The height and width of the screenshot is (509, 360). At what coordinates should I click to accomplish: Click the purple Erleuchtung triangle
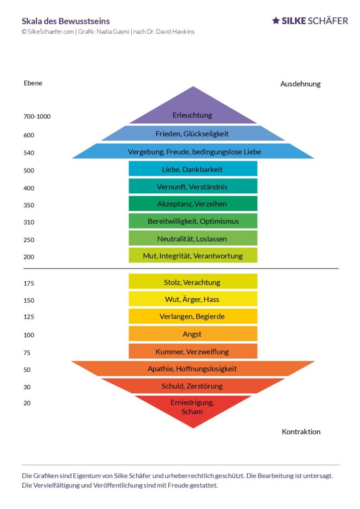click(192, 112)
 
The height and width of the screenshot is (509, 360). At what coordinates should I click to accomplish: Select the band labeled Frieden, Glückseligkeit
click(192, 134)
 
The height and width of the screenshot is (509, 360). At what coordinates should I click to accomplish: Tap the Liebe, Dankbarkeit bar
click(192, 170)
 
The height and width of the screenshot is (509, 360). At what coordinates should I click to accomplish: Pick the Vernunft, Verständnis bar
click(192, 187)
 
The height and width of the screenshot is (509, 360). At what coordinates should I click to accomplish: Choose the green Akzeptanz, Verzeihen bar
click(192, 204)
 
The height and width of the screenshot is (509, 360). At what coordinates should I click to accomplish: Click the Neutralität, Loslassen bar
click(192, 239)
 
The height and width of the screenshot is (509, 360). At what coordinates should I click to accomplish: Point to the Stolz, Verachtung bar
click(192, 282)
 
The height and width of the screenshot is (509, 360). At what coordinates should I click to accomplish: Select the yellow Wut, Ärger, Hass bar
click(192, 300)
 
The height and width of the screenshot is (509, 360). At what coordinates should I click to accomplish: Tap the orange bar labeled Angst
click(192, 334)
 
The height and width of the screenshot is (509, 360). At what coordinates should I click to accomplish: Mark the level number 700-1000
click(37, 117)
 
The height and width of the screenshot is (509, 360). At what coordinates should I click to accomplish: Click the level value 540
click(29, 153)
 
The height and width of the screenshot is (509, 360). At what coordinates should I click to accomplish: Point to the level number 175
click(29, 284)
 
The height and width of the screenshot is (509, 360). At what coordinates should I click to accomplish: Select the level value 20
click(27, 403)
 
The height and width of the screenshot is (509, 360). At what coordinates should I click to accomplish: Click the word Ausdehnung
click(300, 84)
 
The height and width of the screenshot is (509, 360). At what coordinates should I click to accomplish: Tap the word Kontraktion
click(301, 431)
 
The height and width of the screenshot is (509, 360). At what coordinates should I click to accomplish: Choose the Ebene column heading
click(33, 83)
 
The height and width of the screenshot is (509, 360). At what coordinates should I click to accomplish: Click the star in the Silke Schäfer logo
click(276, 21)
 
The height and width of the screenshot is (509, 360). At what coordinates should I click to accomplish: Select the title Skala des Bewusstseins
click(66, 21)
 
